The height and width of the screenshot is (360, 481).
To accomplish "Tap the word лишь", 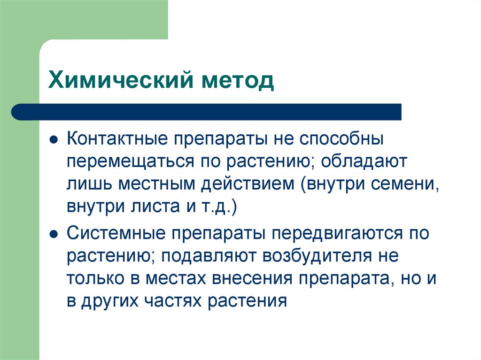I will pos(88,184).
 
